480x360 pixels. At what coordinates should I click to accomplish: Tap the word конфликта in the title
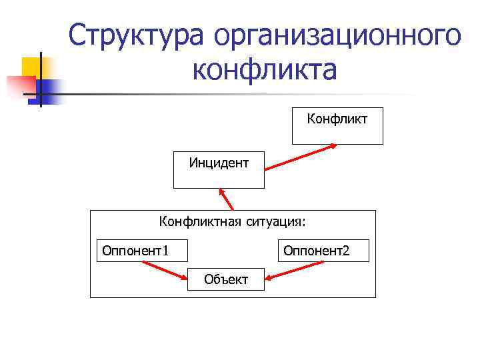click(265, 69)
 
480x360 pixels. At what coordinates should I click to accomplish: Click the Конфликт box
click(337, 125)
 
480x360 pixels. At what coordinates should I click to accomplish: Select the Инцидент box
click(219, 169)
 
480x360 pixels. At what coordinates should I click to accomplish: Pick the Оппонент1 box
click(142, 251)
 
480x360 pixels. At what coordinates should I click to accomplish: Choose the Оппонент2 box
click(323, 251)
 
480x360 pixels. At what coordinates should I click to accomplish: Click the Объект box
click(226, 279)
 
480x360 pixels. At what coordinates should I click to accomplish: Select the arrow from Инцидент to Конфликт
click(303, 157)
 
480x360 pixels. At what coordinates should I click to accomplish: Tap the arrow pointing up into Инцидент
click(226, 199)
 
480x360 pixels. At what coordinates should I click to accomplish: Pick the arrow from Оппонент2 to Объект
click(293, 270)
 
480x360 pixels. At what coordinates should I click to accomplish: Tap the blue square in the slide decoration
click(46, 88)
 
